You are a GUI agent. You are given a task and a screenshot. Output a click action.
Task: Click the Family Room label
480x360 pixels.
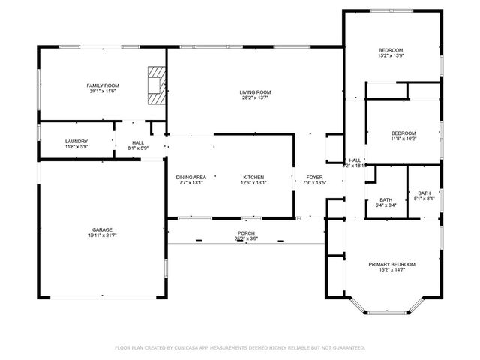pyautogui.click(x=103, y=85)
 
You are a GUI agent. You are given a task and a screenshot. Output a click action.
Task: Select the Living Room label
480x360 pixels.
pyautogui.click(x=255, y=91)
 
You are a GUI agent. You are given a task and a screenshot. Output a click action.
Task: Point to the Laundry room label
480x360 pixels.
pyautogui.click(x=76, y=141)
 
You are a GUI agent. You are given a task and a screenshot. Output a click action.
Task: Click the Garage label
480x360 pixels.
pyautogui.click(x=103, y=229)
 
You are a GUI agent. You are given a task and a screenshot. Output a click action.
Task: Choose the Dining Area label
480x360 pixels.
pyautogui.click(x=190, y=177)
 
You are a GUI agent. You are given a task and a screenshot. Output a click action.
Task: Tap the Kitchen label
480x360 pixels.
pyautogui.click(x=253, y=177)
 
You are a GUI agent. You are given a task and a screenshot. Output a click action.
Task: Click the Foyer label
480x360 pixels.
pyautogui.click(x=314, y=177)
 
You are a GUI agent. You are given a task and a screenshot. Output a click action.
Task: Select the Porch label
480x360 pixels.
pyautogui.click(x=246, y=233)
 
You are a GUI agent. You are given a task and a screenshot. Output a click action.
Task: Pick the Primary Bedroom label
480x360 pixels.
pyautogui.click(x=391, y=264)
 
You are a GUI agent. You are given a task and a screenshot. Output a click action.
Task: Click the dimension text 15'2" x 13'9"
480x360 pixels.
pyautogui.click(x=391, y=55)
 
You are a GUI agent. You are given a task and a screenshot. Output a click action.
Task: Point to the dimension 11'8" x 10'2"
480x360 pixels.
pyautogui.click(x=403, y=138)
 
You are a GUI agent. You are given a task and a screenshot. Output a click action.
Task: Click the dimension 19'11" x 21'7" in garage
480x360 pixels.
pyautogui.click(x=103, y=235)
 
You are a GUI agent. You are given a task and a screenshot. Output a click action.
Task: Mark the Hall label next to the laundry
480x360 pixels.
pyautogui.click(x=138, y=142)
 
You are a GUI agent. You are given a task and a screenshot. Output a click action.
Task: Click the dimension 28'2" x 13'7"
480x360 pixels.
pyautogui.click(x=255, y=97)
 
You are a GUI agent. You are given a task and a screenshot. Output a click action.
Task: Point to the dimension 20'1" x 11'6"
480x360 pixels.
pyautogui.click(x=103, y=91)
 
